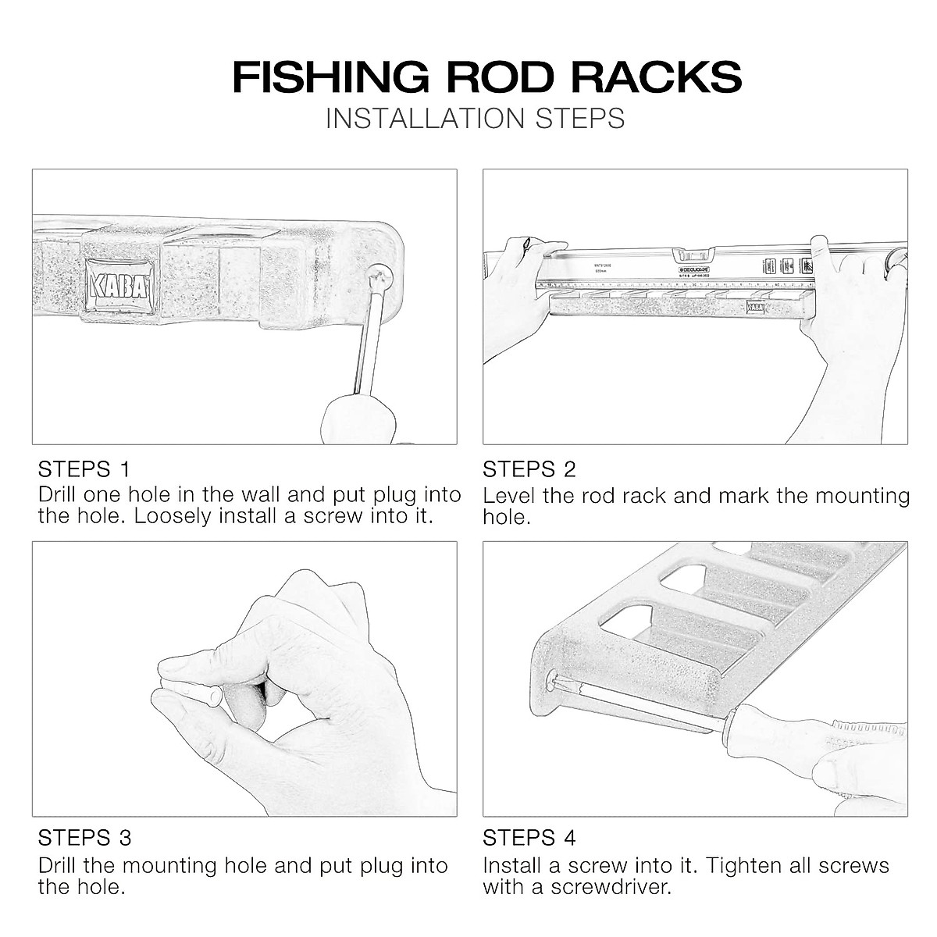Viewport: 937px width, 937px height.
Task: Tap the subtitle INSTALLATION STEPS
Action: coord(475,118)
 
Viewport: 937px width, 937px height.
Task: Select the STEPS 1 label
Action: coord(84,469)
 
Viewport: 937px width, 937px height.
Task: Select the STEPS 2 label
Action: coord(529,469)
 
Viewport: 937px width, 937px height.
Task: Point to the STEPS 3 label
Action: coord(84,838)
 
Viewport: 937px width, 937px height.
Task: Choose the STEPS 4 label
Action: coord(529,838)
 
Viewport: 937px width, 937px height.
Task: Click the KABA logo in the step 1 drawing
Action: coord(119,282)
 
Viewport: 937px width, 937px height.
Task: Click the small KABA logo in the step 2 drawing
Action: coord(755,307)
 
